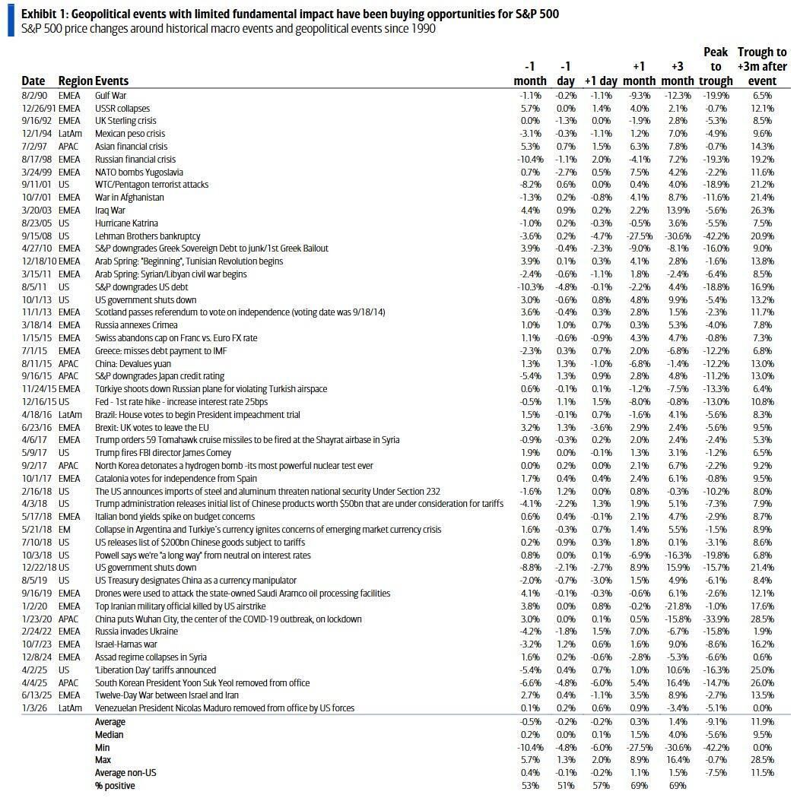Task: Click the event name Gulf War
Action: [110, 96]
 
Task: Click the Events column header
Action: [112, 81]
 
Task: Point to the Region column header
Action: [75, 81]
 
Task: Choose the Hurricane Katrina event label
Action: [126, 223]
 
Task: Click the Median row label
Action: [110, 734]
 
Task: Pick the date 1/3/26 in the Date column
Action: [34, 708]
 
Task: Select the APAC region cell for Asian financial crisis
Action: [69, 147]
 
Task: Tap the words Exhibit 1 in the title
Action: [43, 13]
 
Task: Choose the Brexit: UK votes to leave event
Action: [152, 427]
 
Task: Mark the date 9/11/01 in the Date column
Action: [35, 185]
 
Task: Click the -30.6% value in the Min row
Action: [677, 747]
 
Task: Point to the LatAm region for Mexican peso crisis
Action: [71, 134]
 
